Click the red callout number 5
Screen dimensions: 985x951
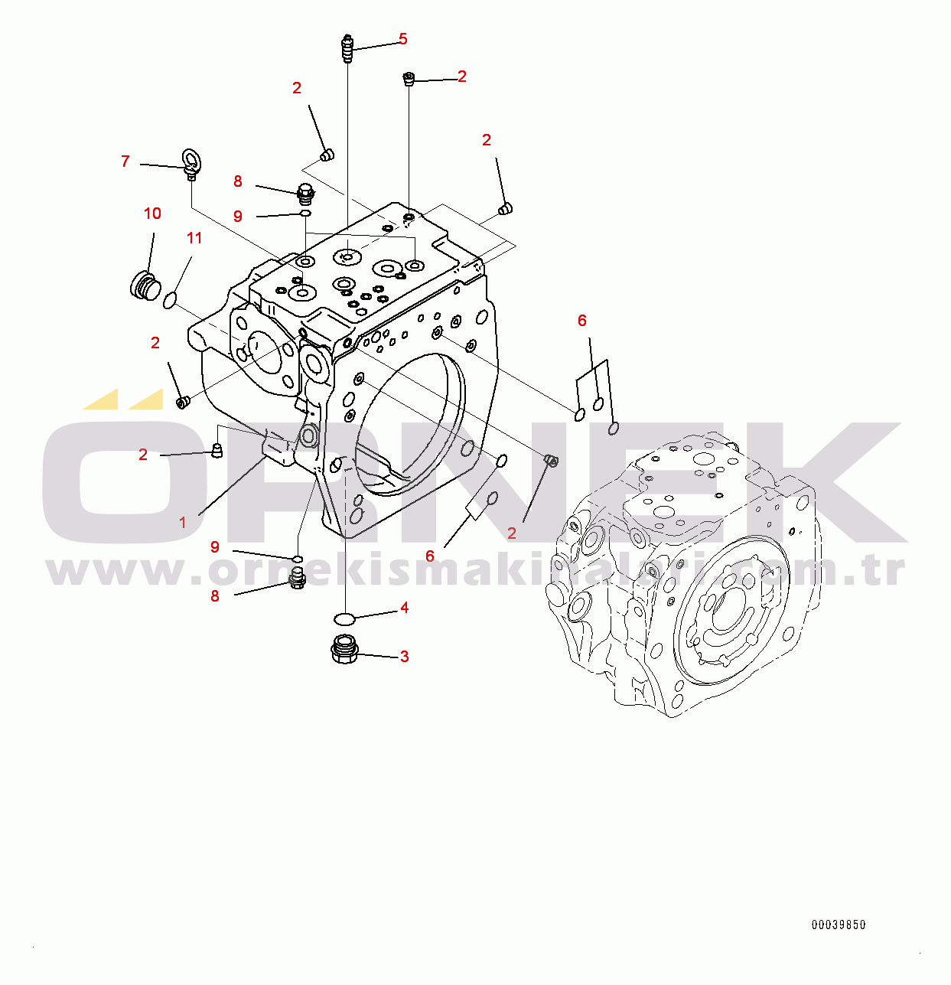[402, 39]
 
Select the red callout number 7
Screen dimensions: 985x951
[125, 161]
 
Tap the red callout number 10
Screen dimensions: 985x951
[152, 214]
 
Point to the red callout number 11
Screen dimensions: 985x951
[194, 238]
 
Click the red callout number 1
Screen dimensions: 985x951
[183, 523]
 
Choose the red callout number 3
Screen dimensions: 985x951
[404, 657]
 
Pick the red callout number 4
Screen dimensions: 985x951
[404, 608]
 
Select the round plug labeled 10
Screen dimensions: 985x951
[142, 285]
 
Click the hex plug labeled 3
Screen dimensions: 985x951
[345, 651]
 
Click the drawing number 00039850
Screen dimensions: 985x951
[839, 925]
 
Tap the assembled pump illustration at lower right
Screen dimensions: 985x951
[689, 574]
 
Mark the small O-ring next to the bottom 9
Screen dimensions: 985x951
[298, 558]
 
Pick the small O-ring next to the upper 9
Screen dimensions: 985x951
[305, 214]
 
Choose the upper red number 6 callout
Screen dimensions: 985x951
[582, 321]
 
